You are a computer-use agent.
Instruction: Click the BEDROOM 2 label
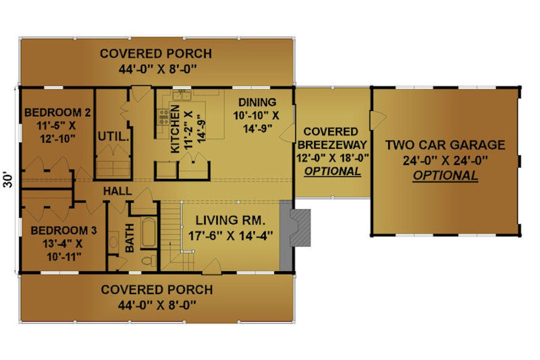58,113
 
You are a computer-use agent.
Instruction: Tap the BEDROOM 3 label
64,230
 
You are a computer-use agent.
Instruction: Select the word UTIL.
113,137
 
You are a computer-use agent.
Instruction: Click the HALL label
118,191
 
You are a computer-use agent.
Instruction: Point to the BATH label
130,238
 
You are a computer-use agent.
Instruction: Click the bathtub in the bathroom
148,232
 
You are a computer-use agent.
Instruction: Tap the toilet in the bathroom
149,260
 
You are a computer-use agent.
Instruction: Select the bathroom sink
113,241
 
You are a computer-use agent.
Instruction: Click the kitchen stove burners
163,116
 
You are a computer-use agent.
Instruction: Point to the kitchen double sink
182,95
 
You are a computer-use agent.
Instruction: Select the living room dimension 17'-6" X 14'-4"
230,236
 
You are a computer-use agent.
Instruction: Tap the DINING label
257,103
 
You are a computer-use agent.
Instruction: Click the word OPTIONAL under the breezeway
332,171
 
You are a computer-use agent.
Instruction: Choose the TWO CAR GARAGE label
445,145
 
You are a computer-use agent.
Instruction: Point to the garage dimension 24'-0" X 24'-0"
445,161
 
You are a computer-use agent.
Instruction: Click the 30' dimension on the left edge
8,180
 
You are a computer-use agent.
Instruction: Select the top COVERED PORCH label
156,54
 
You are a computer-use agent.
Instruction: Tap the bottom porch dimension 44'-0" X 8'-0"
157,305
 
